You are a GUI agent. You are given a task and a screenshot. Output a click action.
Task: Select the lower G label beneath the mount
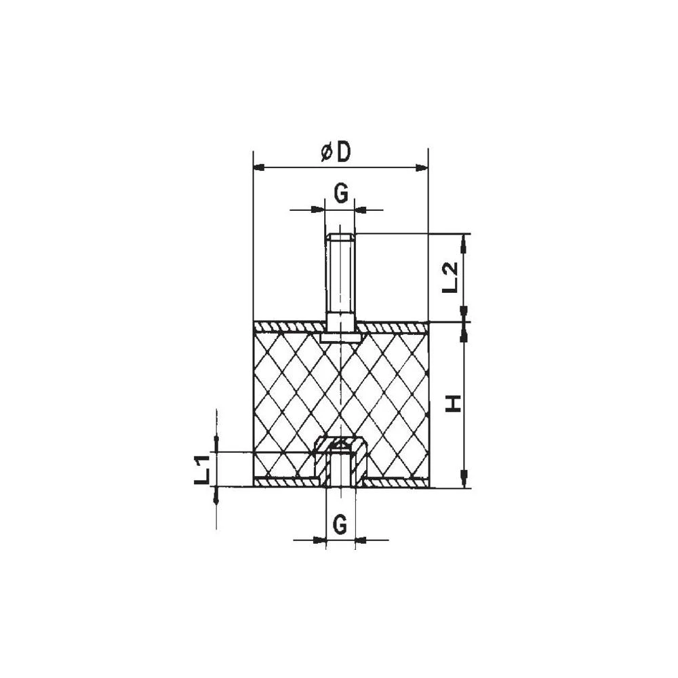pos(341,523)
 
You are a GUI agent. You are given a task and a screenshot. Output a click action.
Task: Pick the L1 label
pos(201,469)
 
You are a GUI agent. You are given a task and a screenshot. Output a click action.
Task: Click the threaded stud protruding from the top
pos(340,278)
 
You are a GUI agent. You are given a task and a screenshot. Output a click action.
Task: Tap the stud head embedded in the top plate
pos(340,336)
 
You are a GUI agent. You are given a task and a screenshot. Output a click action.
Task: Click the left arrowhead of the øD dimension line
pos(258,167)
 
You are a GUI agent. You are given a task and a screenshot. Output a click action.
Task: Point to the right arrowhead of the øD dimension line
pos(423,167)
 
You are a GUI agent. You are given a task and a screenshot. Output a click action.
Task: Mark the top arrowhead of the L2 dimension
pos(464,239)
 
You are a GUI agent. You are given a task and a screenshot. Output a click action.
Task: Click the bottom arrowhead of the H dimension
pos(464,482)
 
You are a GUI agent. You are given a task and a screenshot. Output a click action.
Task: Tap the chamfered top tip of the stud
pos(340,237)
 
